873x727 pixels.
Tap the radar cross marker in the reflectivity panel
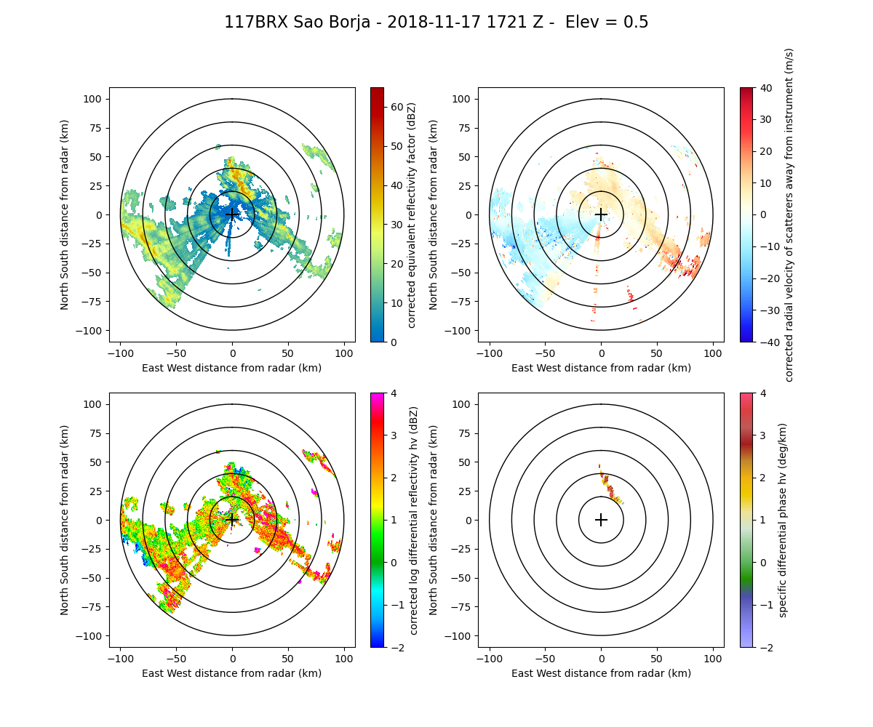tap(232, 214)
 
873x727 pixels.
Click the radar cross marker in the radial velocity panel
tap(601, 214)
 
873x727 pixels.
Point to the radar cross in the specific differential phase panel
tap(601, 520)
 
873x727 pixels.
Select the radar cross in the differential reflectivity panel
tap(232, 520)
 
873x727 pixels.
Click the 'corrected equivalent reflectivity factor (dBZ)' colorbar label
tap(411, 214)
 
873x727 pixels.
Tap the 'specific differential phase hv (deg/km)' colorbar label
tap(784, 520)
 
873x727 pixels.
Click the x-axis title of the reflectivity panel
tap(232, 368)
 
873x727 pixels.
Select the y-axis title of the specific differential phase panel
tap(434, 520)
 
